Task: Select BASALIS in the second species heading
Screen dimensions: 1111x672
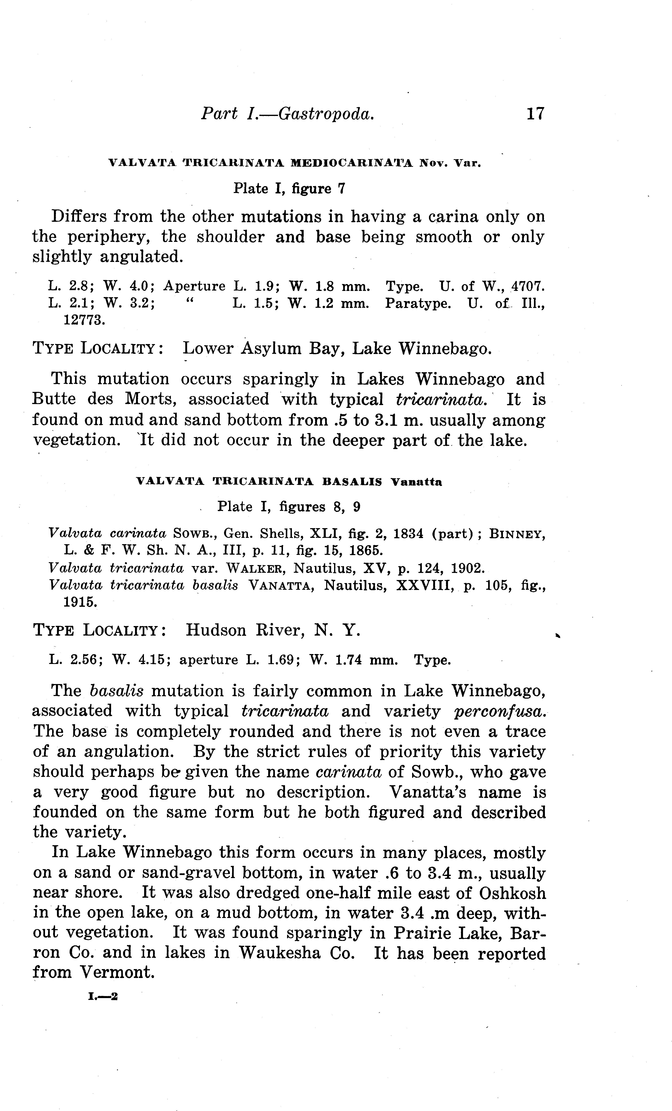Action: (x=352, y=482)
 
